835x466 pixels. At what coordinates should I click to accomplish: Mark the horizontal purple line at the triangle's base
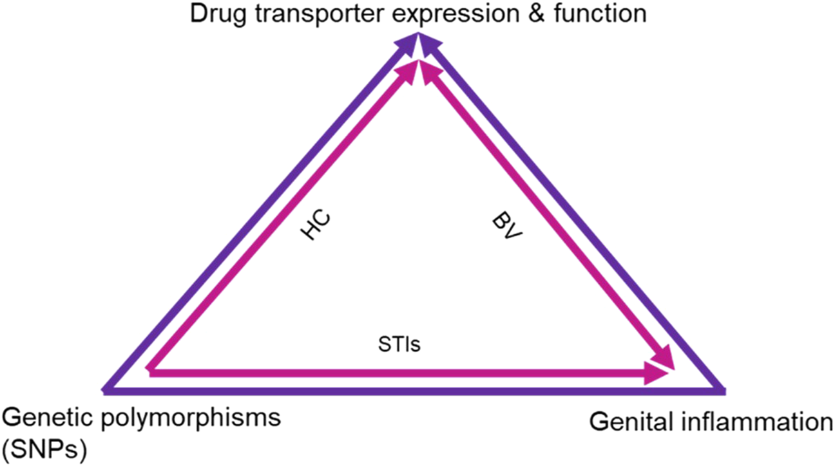point(412,389)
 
